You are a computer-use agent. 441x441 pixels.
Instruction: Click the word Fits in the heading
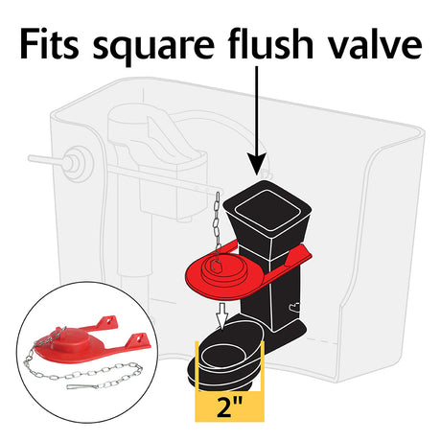point(49,44)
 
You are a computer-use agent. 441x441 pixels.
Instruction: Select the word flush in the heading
point(270,43)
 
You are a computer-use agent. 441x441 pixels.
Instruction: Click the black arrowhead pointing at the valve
point(256,163)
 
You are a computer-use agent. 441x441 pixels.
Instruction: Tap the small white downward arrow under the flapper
point(222,315)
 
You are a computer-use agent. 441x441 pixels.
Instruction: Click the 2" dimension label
point(229,407)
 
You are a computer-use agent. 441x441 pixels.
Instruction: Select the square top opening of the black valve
point(267,209)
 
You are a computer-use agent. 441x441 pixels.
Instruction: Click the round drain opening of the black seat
point(222,354)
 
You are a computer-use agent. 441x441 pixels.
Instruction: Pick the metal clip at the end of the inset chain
point(82,387)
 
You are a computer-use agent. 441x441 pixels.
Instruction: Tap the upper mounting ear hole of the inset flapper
point(110,320)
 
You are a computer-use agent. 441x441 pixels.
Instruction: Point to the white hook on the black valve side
point(294,307)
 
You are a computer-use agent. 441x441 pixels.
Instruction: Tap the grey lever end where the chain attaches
point(209,191)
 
